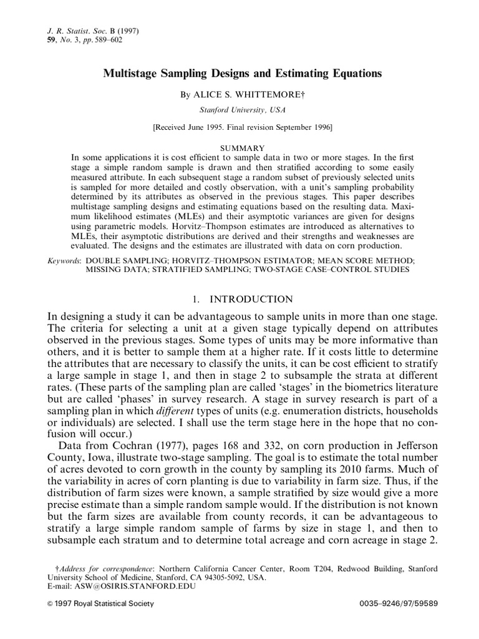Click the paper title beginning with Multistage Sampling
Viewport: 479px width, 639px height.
coord(241,74)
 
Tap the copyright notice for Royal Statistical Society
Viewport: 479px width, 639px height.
coord(100,605)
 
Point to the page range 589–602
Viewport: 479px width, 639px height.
coord(105,40)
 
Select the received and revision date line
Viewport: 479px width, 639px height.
coord(243,127)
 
